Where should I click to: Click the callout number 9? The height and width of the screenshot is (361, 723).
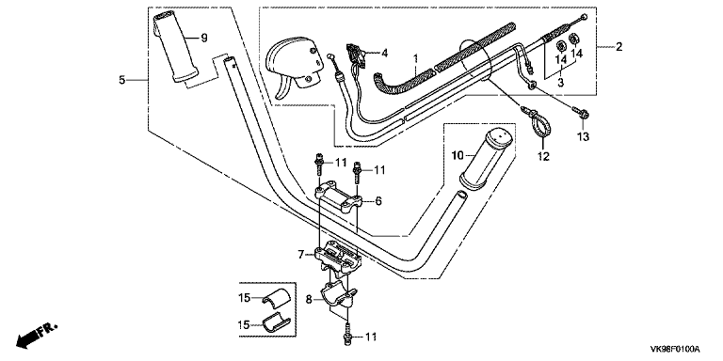(204, 38)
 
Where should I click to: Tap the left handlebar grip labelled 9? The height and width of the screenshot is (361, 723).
(175, 45)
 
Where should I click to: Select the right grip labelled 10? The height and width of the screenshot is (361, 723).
(486, 159)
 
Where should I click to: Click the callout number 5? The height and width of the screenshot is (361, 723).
(121, 80)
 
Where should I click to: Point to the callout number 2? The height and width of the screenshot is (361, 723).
(619, 46)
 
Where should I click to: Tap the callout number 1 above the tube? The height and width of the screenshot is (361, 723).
(415, 58)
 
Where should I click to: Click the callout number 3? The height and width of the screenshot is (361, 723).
(561, 83)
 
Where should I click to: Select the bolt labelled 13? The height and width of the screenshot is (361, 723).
(580, 112)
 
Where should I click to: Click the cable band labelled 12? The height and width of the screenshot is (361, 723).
(538, 121)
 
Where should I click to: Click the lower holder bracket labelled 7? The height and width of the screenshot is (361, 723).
(338, 258)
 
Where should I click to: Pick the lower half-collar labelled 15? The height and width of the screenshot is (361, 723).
(275, 322)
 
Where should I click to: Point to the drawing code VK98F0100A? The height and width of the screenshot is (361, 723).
(675, 348)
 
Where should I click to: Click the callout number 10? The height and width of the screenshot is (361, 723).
(457, 156)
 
